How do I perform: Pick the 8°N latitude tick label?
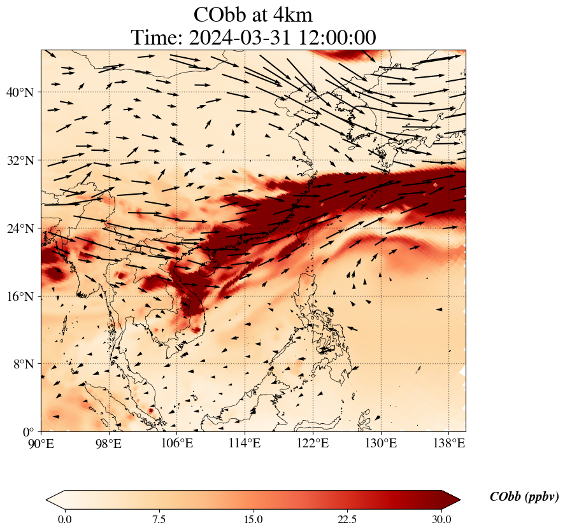tap(23, 365)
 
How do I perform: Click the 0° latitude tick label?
tap(29, 432)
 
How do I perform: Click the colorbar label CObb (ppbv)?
tap(524, 497)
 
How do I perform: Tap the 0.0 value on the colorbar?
tap(64, 519)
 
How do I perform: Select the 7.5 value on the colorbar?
tap(159, 519)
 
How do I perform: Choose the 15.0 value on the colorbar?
tap(254, 519)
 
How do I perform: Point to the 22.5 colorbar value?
tap(348, 519)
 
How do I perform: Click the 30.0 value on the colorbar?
tap(441, 519)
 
